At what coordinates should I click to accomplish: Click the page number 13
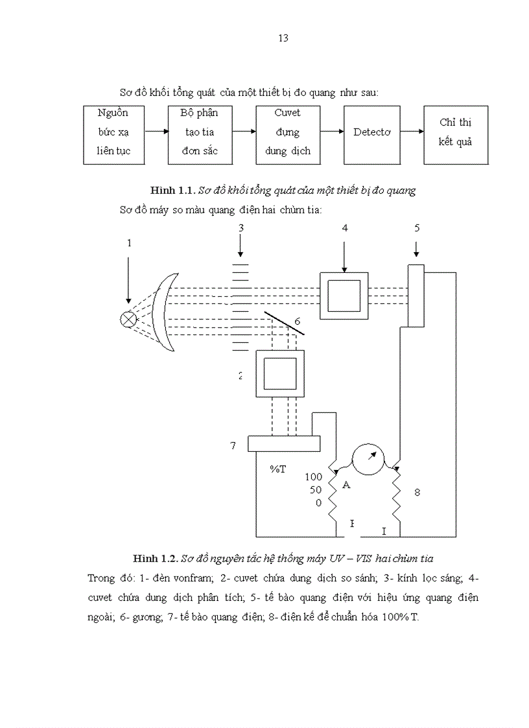click(283, 38)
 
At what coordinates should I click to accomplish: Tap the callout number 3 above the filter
click(241, 228)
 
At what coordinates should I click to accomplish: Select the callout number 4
click(345, 228)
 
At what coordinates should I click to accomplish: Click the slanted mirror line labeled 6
click(285, 322)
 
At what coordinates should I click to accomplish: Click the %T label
click(278, 469)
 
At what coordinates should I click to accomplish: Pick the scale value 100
click(313, 476)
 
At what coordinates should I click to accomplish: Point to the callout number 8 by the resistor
click(417, 492)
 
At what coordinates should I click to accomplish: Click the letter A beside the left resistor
click(346, 485)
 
